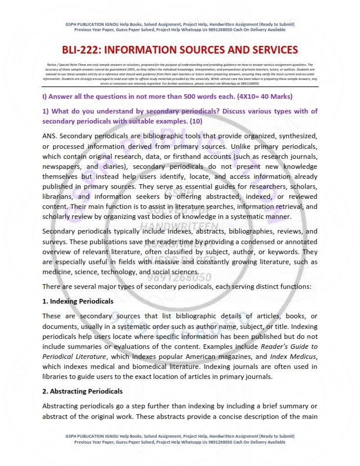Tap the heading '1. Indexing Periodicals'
[x=78, y=301]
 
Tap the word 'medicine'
[x=59, y=262]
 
